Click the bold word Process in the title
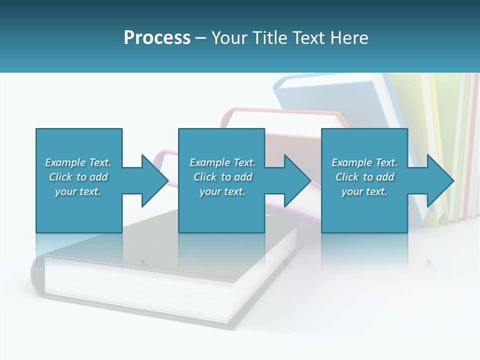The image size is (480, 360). tap(157, 38)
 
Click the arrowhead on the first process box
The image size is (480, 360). tap(154, 180)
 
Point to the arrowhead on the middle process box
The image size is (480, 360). tap(297, 180)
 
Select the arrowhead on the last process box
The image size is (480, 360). tap(440, 180)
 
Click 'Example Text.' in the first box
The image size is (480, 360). tap(78, 162)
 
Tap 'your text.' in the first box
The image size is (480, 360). tap(78, 191)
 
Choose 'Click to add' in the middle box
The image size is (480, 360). tap(222, 177)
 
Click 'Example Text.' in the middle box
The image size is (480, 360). tap(222, 162)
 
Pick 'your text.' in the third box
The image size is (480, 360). tap(364, 191)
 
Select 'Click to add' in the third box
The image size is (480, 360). tap(364, 177)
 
